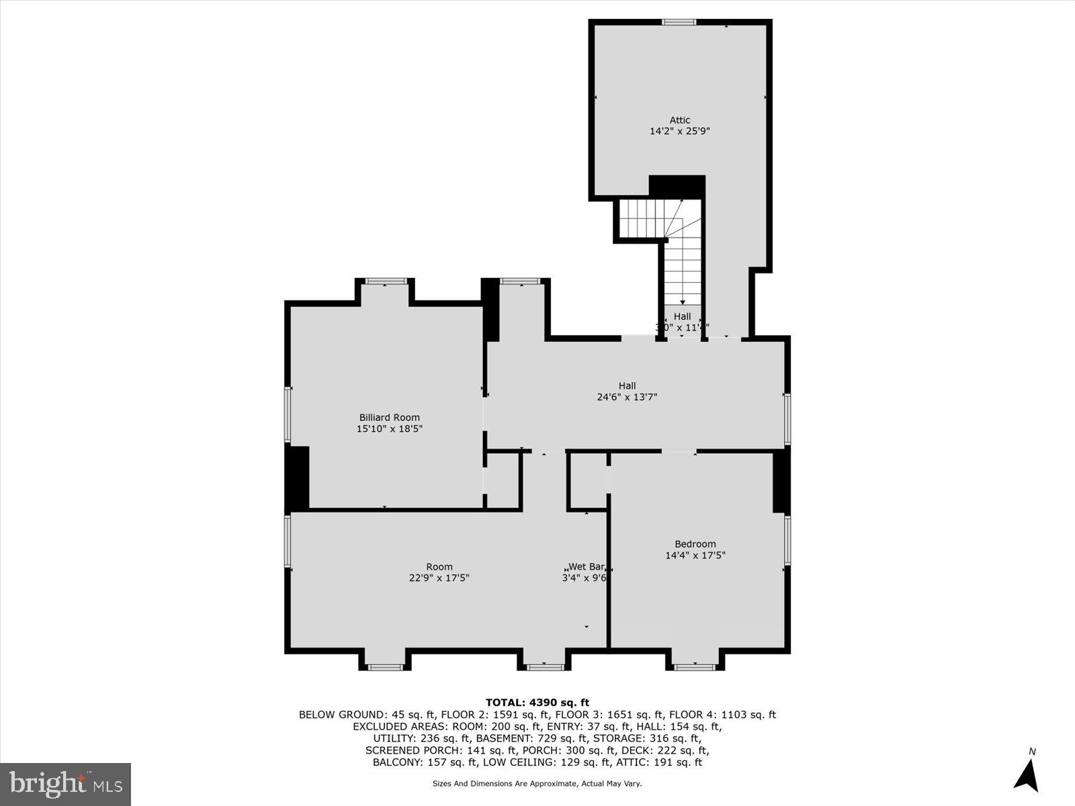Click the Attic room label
pyautogui.click(x=679, y=120)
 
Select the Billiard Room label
pyautogui.click(x=389, y=417)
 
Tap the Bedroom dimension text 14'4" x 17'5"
pyautogui.click(x=695, y=555)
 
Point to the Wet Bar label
pyautogui.click(x=586, y=566)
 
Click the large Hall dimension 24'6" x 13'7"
pyautogui.click(x=627, y=397)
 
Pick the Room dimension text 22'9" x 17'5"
pyautogui.click(x=439, y=578)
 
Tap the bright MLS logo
pyautogui.click(x=65, y=784)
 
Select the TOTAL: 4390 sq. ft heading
pyautogui.click(x=537, y=703)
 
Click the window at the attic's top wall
pyautogui.click(x=679, y=22)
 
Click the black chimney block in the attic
pyautogui.click(x=677, y=187)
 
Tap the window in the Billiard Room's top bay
pyautogui.click(x=385, y=281)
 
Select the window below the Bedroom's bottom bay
pyautogui.click(x=695, y=667)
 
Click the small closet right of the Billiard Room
pyautogui.click(x=503, y=480)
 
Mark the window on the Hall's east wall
pyautogui.click(x=787, y=420)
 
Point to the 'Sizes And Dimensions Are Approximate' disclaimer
pyautogui.click(x=537, y=784)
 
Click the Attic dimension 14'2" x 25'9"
pyautogui.click(x=679, y=132)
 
